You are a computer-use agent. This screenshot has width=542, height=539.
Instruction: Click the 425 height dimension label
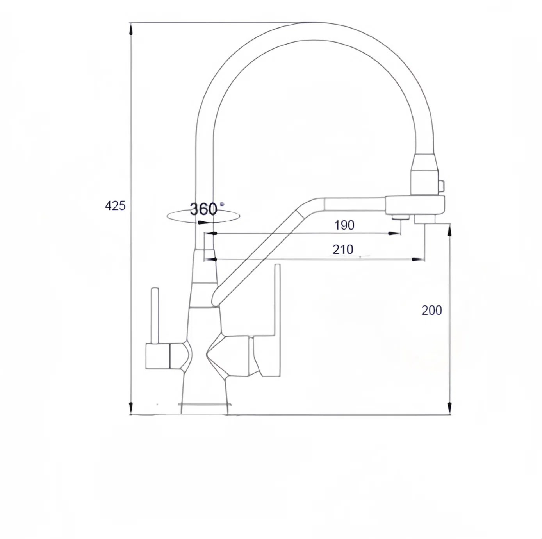pyautogui.click(x=115, y=206)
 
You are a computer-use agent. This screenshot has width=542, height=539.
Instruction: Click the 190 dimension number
pyautogui.click(x=344, y=225)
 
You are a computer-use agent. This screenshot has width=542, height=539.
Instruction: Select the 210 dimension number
pyautogui.click(x=343, y=249)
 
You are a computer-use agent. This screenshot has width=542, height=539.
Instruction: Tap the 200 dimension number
pyautogui.click(x=431, y=310)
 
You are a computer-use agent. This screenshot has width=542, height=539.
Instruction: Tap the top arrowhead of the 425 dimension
pyautogui.click(x=130, y=29)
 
